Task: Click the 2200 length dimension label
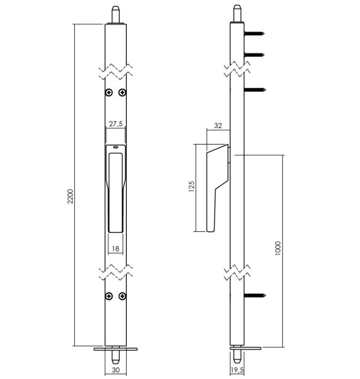click(x=70, y=196)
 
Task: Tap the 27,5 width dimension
click(x=116, y=124)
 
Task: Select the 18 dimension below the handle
click(x=116, y=248)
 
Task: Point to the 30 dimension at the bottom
click(x=116, y=370)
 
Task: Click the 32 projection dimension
click(x=218, y=126)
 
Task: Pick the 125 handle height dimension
click(x=191, y=186)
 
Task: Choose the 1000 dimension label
click(x=278, y=248)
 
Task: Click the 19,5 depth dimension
click(x=237, y=370)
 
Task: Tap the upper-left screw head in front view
click(x=109, y=92)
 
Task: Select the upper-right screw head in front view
click(x=122, y=92)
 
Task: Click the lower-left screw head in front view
click(x=109, y=296)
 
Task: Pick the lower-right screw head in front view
click(x=122, y=296)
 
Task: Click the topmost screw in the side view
click(x=254, y=33)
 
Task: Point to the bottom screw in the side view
click(x=255, y=295)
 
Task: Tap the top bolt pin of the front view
click(x=116, y=14)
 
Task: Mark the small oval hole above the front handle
click(x=116, y=147)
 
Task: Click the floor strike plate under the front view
click(x=116, y=349)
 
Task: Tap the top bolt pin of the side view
click(x=237, y=13)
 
